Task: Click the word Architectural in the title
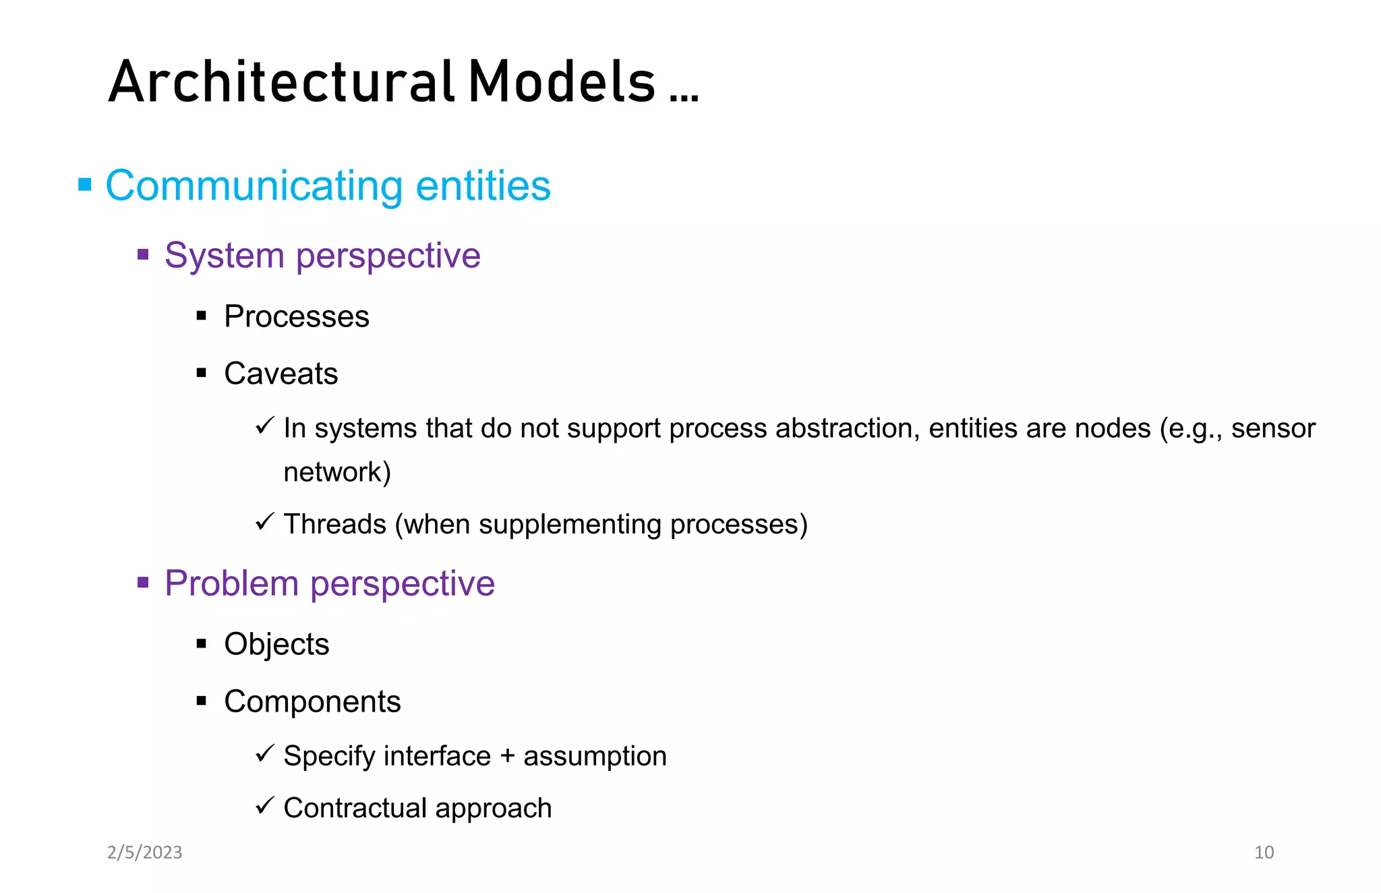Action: point(280,82)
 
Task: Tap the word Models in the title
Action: point(562,82)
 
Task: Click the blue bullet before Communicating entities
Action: point(85,184)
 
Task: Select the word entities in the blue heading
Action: point(483,186)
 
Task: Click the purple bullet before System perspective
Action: point(143,254)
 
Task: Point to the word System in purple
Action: point(224,256)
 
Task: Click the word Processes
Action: point(296,316)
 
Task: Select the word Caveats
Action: point(281,374)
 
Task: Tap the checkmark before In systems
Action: point(264,426)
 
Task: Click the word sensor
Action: point(1272,429)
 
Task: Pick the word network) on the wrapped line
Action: point(336,472)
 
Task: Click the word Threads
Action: point(334,524)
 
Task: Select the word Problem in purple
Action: point(231,583)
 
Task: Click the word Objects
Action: point(276,644)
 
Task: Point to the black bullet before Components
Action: point(201,701)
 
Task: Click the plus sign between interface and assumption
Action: point(507,756)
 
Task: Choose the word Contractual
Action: point(355,808)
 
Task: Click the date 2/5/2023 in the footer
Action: point(144,853)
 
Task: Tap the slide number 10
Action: point(1264,853)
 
